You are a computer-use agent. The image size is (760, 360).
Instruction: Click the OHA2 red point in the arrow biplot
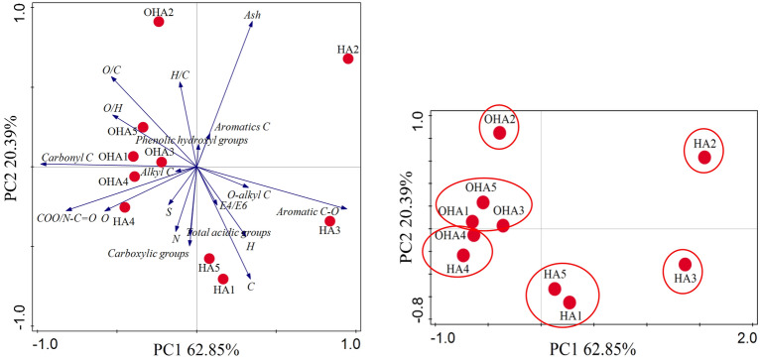point(159,21)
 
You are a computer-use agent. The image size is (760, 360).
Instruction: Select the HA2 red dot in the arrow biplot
point(348,59)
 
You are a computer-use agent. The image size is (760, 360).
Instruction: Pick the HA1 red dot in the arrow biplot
point(223,279)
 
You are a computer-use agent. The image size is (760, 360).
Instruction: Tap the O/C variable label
point(111,69)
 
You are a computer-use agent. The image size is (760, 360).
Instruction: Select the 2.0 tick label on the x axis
point(744,335)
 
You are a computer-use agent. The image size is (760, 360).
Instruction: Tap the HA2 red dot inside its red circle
point(704,157)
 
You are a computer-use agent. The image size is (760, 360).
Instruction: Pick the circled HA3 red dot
point(685,264)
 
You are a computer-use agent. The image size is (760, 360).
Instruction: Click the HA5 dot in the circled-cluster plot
point(555,289)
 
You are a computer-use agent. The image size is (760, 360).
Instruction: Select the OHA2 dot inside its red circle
point(500,132)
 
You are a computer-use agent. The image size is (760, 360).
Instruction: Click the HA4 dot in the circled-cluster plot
point(463,255)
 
